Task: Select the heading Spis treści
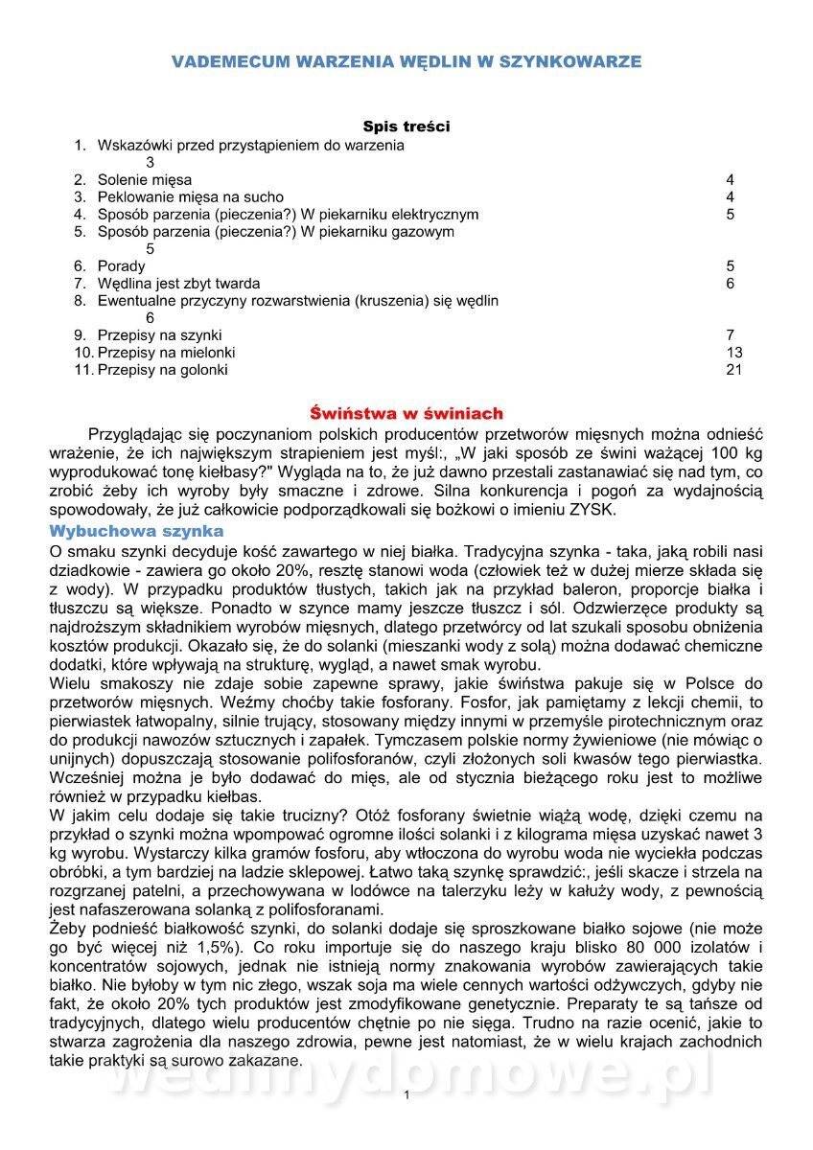pos(406,126)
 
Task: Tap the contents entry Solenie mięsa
pos(145,179)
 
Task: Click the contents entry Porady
pos(122,265)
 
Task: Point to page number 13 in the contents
pos(734,352)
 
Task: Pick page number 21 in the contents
pos(734,369)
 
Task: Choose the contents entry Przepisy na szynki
pos(160,334)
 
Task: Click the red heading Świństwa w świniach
pos(406,414)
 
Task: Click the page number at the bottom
pos(406,1094)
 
